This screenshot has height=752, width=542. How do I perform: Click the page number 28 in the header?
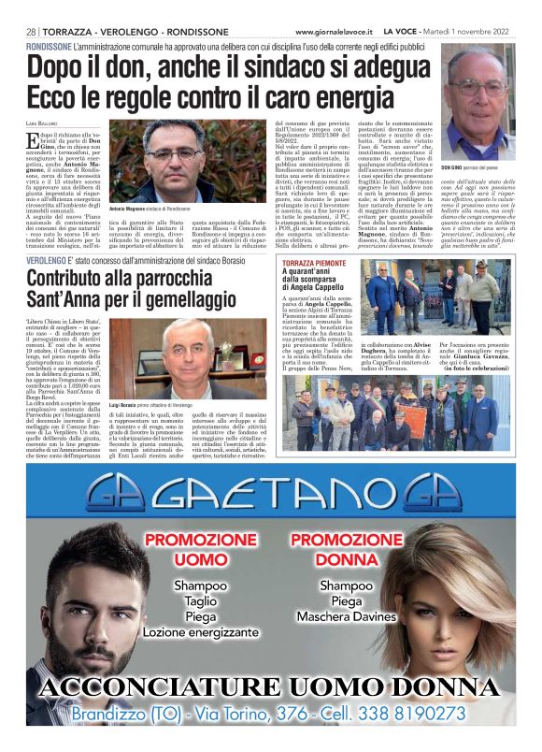(x=31, y=32)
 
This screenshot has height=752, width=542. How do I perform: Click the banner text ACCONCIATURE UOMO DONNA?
(x=270, y=687)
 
